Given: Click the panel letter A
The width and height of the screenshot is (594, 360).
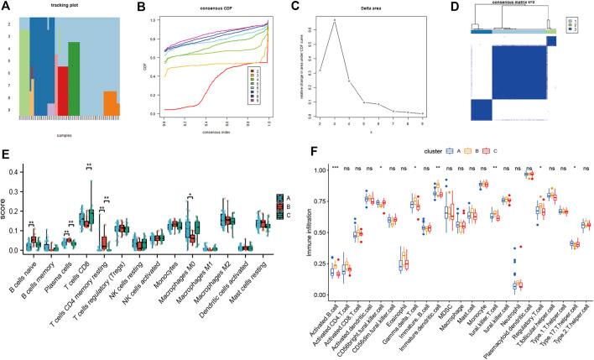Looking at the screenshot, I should click(x=7, y=6).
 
